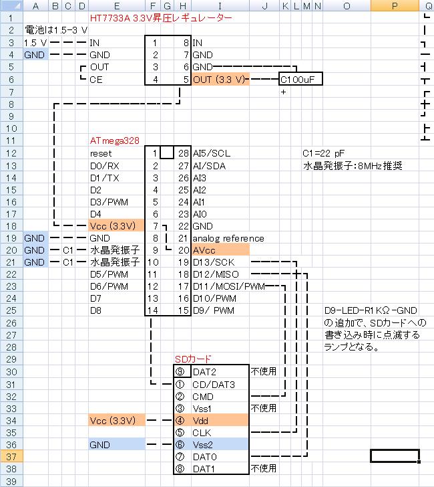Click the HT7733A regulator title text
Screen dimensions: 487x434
(160, 18)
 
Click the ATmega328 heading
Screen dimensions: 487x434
(114, 141)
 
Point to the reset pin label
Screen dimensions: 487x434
(101, 153)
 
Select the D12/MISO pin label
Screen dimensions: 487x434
(216, 274)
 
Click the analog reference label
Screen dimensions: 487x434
(228, 238)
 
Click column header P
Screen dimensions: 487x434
(395, 6)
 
